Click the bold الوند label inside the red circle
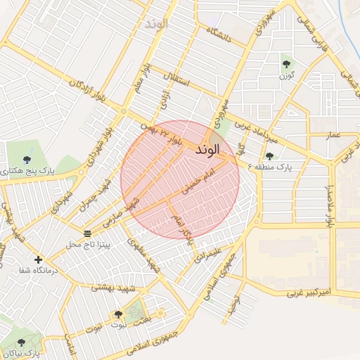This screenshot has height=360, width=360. tap(208, 150)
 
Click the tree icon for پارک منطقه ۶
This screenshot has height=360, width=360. tap(269, 156)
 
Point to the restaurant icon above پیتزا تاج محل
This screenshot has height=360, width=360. tap(87, 233)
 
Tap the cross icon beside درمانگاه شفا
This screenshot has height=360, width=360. tap(38, 259)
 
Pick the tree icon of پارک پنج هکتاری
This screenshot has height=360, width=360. tap(27, 160)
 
